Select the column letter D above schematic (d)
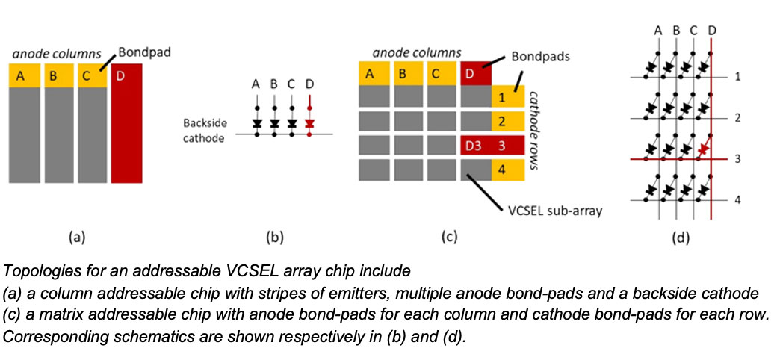click(712, 30)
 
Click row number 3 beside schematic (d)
click(737, 158)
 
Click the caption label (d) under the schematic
click(681, 238)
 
